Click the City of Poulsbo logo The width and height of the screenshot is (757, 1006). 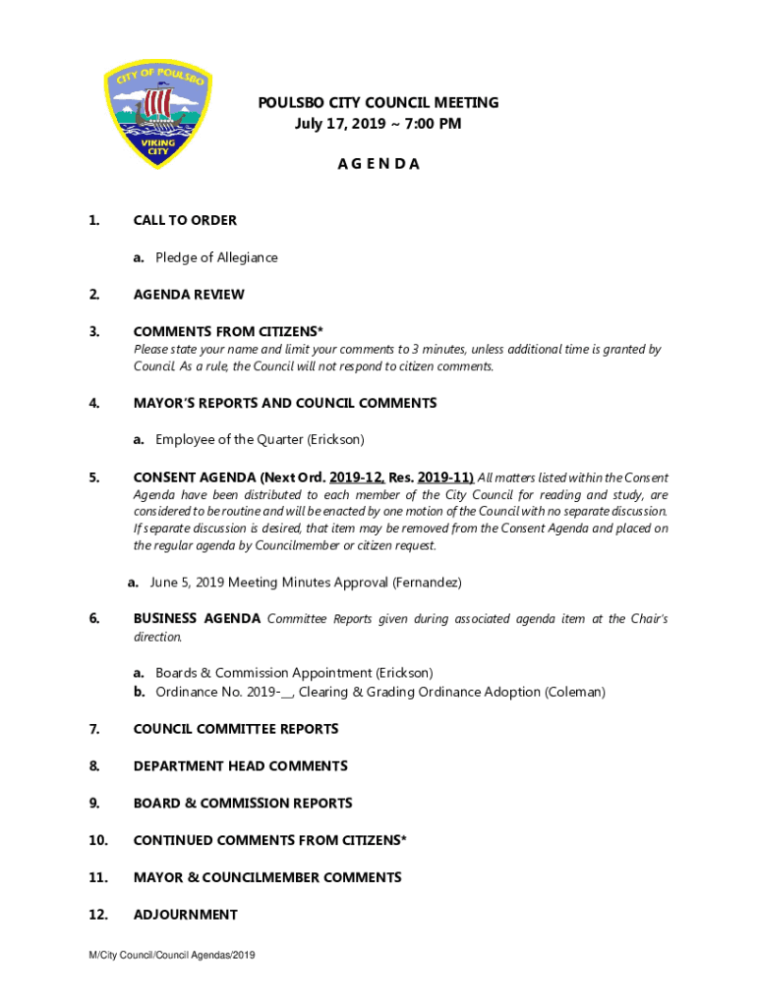tap(157, 115)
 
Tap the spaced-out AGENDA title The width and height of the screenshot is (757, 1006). tap(378, 164)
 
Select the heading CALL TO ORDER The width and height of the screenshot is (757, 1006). tap(185, 220)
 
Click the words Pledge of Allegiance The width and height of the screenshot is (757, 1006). tap(216, 257)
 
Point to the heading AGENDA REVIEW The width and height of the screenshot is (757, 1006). tap(189, 295)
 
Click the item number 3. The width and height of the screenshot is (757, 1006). tap(93, 331)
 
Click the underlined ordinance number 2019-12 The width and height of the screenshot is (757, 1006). tap(357, 477)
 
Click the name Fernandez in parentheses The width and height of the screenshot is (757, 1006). tap(427, 583)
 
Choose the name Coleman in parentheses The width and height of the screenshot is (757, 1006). tap(574, 692)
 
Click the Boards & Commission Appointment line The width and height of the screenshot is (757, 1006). tap(293, 673)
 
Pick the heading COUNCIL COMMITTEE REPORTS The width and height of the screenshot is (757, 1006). tap(236, 729)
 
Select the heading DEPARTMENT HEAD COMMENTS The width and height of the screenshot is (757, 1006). tap(240, 766)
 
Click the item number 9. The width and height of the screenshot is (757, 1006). tap(93, 804)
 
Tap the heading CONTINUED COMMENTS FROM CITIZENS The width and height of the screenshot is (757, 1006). tap(269, 841)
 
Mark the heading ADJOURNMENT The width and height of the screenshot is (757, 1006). tap(185, 915)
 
